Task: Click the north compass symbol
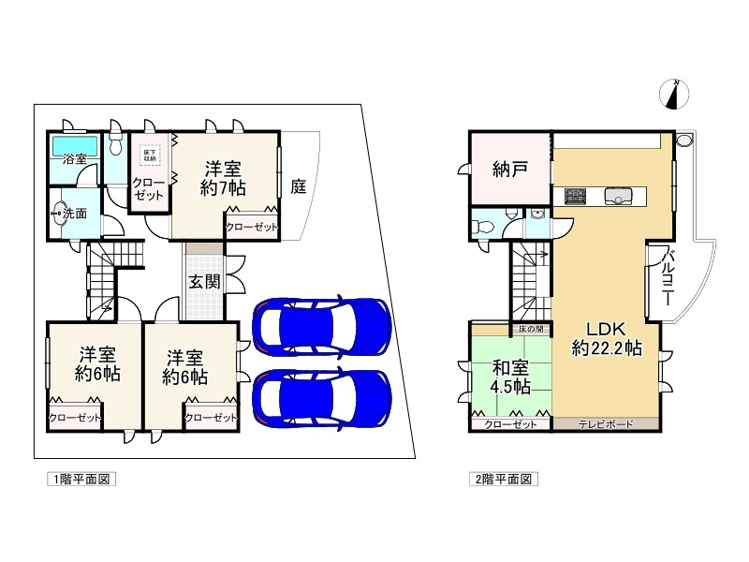click(x=674, y=94)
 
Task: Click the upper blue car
click(x=320, y=325)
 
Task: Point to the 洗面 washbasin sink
click(x=57, y=214)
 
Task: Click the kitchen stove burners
click(x=575, y=196)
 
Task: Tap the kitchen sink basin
click(x=620, y=196)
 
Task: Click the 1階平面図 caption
click(x=81, y=479)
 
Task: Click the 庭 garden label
click(x=299, y=185)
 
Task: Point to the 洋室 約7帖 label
click(x=224, y=179)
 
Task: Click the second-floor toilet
click(x=479, y=226)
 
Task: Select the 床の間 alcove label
click(x=529, y=330)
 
